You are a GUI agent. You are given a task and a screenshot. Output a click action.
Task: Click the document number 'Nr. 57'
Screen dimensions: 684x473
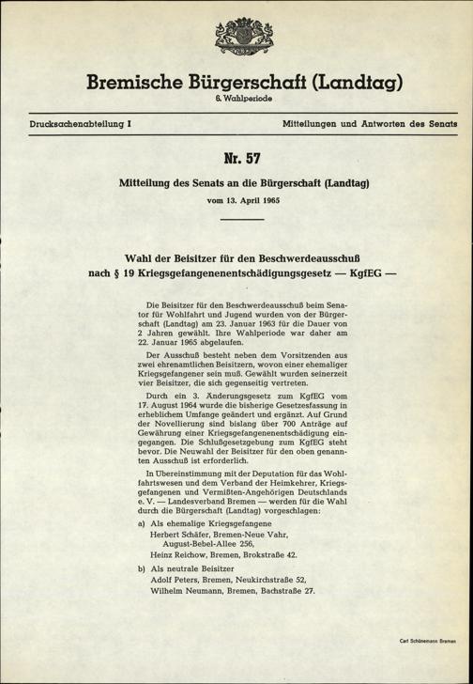click(236, 160)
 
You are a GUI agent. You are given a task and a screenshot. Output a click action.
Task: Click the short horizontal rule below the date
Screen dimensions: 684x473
click(236, 220)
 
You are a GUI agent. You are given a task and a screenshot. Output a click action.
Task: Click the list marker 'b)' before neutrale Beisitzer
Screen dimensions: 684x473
click(141, 569)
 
